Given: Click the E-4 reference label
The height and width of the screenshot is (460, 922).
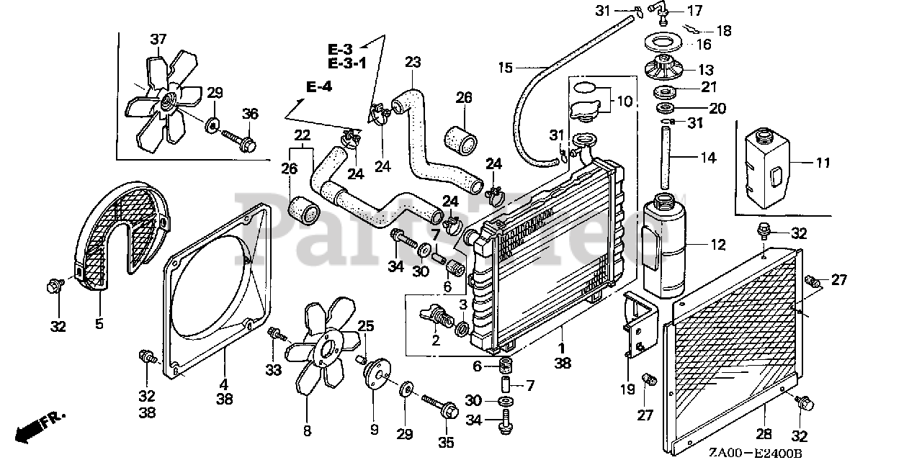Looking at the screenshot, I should tap(318, 87).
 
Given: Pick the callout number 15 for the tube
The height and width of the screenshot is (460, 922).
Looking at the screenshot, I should tap(506, 68).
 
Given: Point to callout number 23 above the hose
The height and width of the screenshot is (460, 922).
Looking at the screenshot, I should tap(412, 62).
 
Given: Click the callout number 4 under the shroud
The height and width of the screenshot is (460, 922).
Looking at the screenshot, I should tap(223, 384).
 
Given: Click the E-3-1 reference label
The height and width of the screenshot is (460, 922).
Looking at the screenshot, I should tap(347, 63).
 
